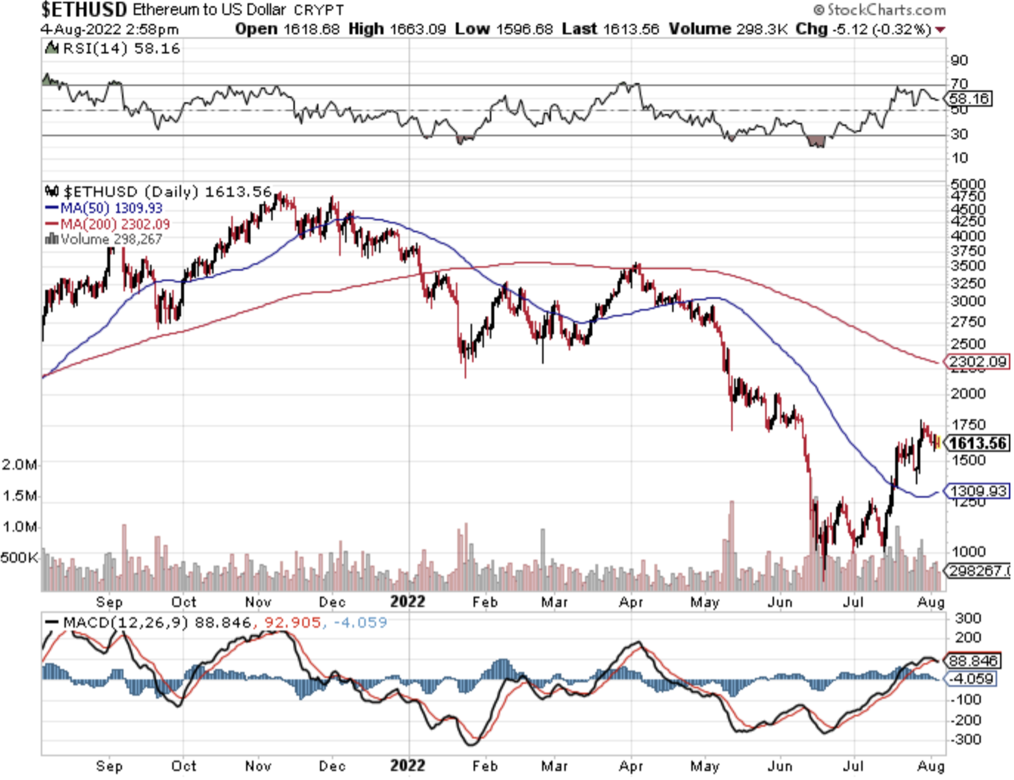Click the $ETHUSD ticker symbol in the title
[x=84, y=10]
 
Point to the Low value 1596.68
[x=524, y=29]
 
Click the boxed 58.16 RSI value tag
[x=968, y=99]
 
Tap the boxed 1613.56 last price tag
[x=978, y=443]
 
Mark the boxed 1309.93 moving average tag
[x=978, y=491]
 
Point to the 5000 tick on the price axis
[x=968, y=184]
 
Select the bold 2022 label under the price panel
[x=408, y=601]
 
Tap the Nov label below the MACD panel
[x=258, y=766]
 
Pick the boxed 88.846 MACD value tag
[x=973, y=660]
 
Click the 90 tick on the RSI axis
[x=959, y=60]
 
